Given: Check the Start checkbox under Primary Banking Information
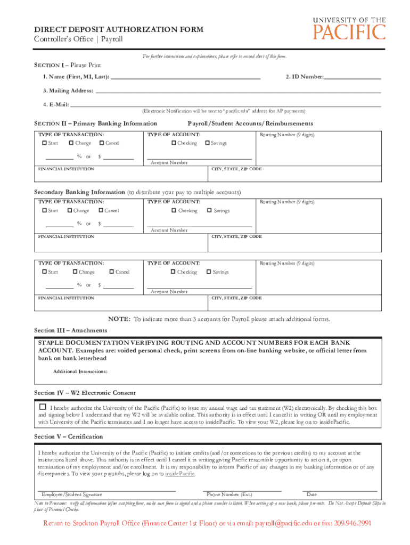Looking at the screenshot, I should point(44,143).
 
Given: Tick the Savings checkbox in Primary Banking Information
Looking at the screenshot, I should point(208,143).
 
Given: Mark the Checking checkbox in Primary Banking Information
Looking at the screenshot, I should point(174,143).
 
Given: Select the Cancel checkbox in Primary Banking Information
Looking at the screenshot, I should point(101,143).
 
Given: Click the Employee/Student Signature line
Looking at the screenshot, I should point(106,488).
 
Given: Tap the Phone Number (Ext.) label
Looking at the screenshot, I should point(229,494).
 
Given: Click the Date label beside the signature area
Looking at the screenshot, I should point(311,494).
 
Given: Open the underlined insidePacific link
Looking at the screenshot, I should point(180,473).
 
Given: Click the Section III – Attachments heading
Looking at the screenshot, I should point(70,331).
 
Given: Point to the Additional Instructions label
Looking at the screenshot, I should point(80,371).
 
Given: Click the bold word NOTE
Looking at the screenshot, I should point(119,319).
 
